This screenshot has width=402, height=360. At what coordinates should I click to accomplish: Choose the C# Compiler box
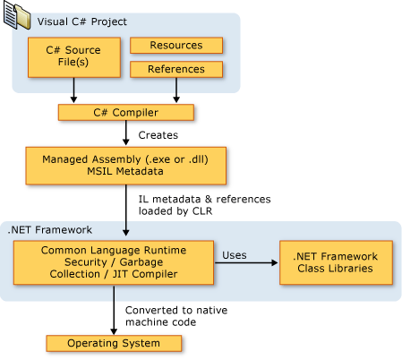click(x=126, y=112)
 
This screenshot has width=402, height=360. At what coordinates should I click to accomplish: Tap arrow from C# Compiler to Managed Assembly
click(x=126, y=134)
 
